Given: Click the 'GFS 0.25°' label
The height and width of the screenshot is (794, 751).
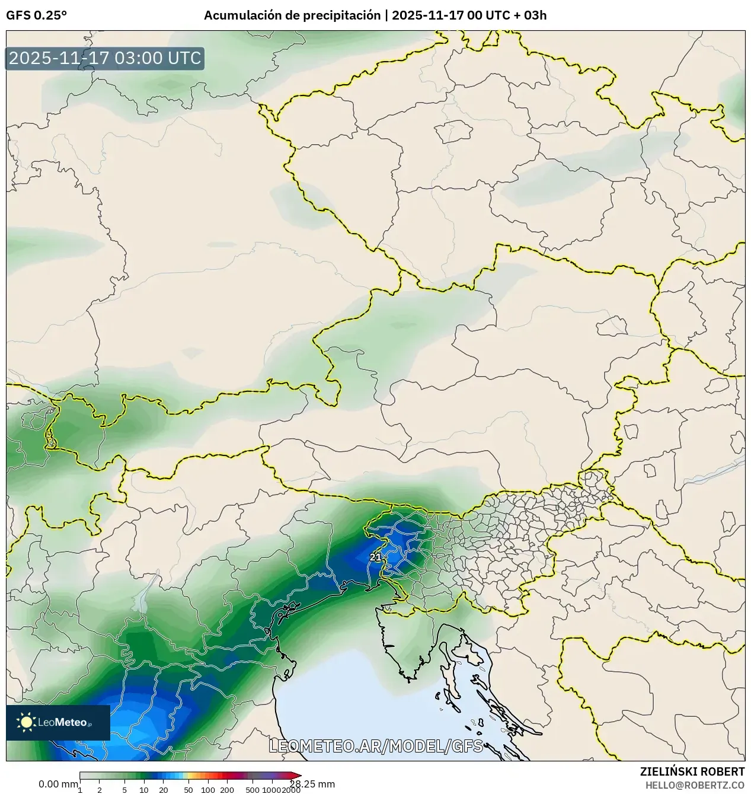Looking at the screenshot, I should point(36,15).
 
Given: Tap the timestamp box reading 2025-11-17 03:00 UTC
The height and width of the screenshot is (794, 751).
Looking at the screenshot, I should point(105,59).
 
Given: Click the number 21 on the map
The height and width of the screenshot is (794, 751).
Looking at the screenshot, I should point(375,557).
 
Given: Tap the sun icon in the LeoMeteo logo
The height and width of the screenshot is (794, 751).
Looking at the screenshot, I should point(26,722).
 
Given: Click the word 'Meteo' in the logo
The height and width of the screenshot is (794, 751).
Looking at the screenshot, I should point(71,722).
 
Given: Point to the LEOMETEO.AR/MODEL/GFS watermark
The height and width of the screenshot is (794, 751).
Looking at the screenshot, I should point(376,746).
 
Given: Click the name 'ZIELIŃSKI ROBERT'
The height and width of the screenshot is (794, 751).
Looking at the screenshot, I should point(692,771).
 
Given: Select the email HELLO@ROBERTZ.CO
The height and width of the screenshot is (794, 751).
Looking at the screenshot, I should point(695,785).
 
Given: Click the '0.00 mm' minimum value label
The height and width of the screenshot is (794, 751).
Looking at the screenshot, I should point(58,784).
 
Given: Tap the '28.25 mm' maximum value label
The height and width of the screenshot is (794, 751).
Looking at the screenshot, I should point(312,784).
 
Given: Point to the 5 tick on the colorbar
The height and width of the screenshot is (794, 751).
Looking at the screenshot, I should point(124,790).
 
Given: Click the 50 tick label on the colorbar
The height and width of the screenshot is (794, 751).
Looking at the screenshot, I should point(188,790).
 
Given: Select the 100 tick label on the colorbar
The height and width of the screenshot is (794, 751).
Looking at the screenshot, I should point(208,790).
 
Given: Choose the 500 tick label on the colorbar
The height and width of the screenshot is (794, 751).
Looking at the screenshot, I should point(253,790).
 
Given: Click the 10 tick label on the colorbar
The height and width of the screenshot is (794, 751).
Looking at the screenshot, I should point(144,790).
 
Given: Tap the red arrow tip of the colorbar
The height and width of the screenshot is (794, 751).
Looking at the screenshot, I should point(298,776).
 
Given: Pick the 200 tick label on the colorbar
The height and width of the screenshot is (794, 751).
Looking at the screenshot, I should point(227,790).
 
